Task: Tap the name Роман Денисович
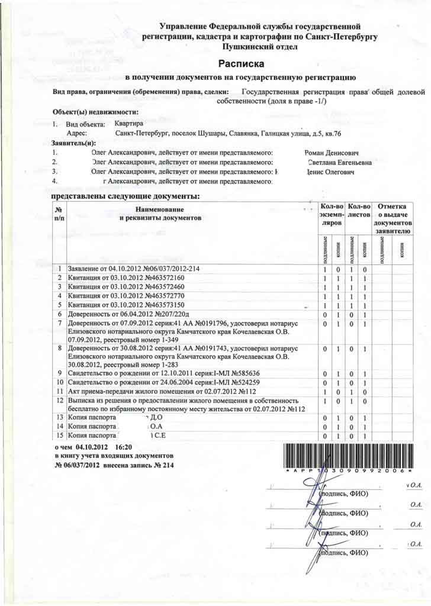[x=339, y=153]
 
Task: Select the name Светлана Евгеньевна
[x=340, y=162]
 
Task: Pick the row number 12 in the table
[x=59, y=401]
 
